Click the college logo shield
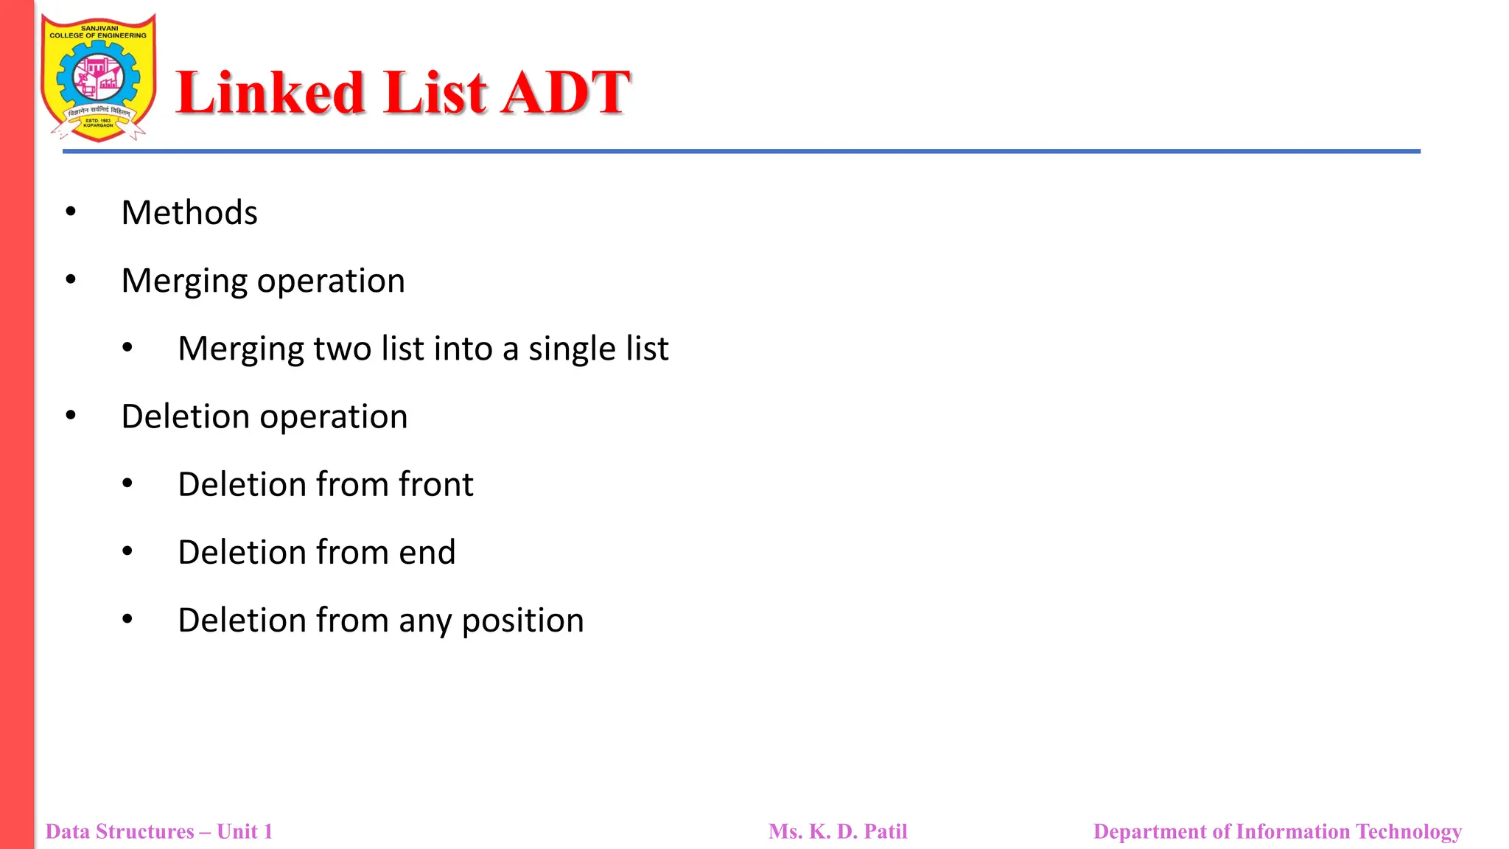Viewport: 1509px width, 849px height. coord(98,77)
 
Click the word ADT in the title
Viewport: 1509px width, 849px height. coord(565,93)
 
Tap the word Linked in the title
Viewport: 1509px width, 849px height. coord(270,93)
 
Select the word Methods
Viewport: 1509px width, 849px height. coord(189,213)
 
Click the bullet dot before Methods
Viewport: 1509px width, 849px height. coord(71,212)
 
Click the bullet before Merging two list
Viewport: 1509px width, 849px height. coord(127,348)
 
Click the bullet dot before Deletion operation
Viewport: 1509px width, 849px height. coord(71,416)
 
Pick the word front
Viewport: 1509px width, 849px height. coord(435,485)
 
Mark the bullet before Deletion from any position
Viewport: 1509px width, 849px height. coord(127,620)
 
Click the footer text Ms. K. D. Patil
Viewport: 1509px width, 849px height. coord(838,831)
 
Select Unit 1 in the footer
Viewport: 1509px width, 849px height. coord(245,831)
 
